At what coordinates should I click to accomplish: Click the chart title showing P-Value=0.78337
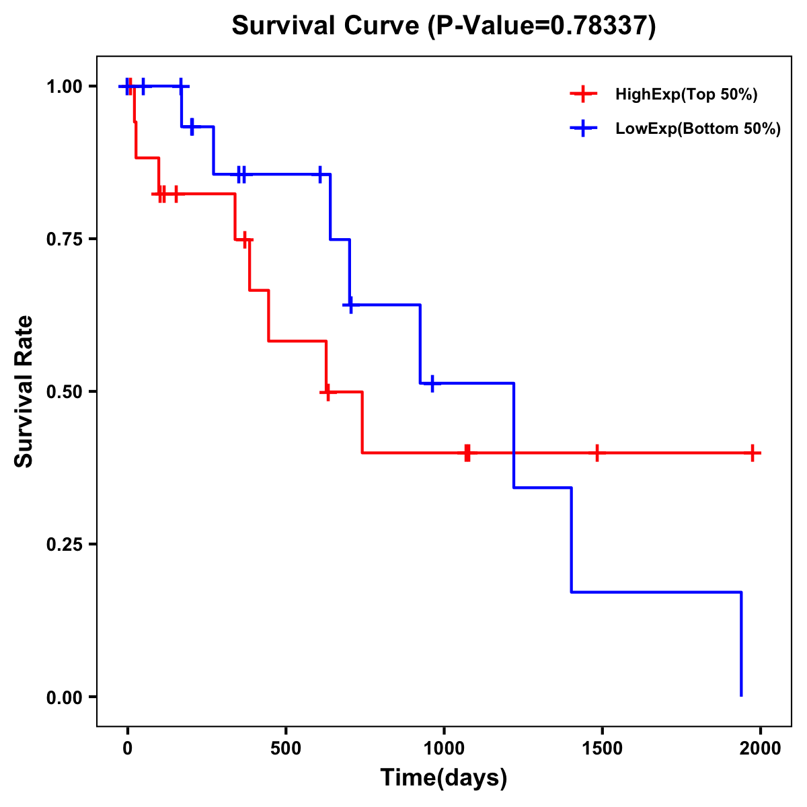[x=443, y=26]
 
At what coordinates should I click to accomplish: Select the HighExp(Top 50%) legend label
[x=686, y=95]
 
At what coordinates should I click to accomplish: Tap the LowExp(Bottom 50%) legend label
[x=698, y=129]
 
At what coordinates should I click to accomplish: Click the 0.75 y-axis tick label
[x=64, y=239]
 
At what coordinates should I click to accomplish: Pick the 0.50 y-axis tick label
[x=64, y=392]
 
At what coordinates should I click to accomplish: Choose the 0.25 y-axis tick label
[x=64, y=545]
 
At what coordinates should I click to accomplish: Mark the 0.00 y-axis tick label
[x=64, y=697]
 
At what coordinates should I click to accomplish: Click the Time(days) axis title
[x=444, y=778]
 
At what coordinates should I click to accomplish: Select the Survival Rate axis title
[x=24, y=391]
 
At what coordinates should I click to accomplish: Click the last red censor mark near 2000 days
[x=753, y=453]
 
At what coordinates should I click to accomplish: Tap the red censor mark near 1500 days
[x=597, y=453]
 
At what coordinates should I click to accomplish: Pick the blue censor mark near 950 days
[x=432, y=383]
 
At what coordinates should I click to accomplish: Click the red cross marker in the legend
[x=584, y=95]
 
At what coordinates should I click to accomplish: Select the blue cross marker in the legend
[x=584, y=129]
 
